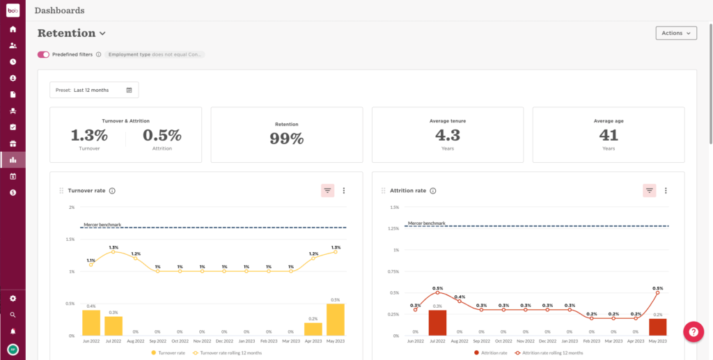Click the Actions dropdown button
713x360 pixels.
click(675, 33)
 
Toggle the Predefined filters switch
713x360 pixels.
click(43, 54)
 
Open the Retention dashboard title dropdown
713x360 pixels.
click(102, 33)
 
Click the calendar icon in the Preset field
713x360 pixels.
click(129, 90)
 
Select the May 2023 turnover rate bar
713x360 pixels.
click(336, 320)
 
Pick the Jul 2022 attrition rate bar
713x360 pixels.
click(437, 323)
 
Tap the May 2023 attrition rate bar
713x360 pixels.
click(658, 327)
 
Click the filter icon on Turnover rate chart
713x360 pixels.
click(327, 190)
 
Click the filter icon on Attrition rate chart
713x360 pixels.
click(650, 190)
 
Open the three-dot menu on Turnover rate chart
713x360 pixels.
click(343, 190)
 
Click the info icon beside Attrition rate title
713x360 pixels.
click(432, 191)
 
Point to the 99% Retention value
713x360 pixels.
click(287, 138)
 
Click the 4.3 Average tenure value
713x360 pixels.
click(448, 134)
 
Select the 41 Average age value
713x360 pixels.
click(609, 134)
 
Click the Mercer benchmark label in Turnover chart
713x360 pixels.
click(102, 225)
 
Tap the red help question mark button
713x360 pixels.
click(694, 332)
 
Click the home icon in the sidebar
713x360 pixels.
click(13, 29)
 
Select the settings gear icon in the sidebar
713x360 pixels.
click(13, 298)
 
